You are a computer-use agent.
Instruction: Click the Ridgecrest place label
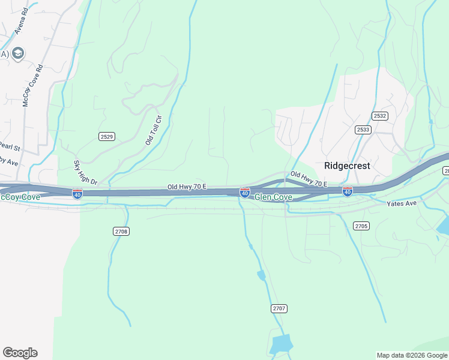347,166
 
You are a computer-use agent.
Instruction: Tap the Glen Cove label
273,197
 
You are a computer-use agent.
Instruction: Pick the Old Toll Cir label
154,130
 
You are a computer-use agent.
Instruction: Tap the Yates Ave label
402,204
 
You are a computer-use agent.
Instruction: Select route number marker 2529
106,137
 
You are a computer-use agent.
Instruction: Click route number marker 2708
121,231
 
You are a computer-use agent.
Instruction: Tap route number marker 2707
279,308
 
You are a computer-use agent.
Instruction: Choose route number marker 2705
361,226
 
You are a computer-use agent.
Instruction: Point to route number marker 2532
379,116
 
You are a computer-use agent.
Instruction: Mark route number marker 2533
363,129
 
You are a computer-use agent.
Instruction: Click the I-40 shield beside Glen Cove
245,192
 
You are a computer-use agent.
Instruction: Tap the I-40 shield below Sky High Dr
77,193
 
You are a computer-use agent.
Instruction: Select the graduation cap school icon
18,54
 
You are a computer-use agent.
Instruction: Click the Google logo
20,353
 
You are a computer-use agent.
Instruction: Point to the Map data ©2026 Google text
412,355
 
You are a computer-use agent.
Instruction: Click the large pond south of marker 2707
281,344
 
